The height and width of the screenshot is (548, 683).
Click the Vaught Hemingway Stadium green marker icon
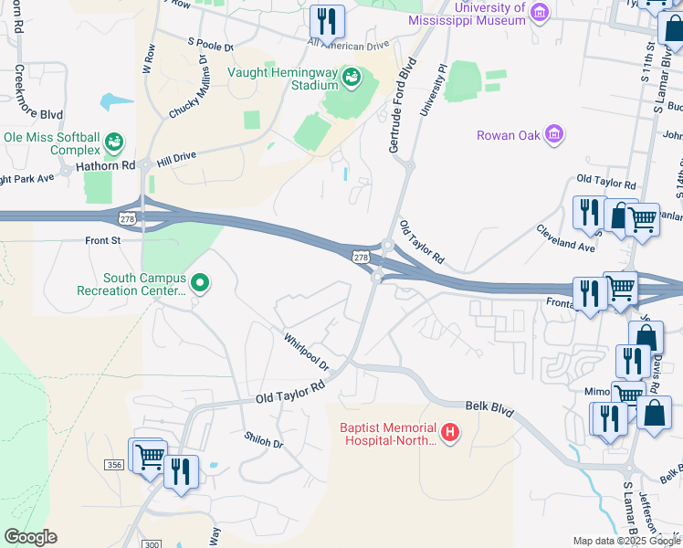pos(352,79)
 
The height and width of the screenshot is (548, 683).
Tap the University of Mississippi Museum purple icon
pos(540,11)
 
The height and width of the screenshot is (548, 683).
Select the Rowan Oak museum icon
pos(553,135)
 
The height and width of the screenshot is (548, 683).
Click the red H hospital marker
pos(449,432)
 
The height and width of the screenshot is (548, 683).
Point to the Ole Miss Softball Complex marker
pos(114,142)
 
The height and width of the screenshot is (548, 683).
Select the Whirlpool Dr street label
pos(306,351)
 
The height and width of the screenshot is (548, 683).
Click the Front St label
pos(102,241)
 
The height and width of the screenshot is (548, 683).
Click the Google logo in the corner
pos(30,537)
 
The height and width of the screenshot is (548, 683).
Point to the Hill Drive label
pos(176,157)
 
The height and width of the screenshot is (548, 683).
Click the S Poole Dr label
pos(211,43)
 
